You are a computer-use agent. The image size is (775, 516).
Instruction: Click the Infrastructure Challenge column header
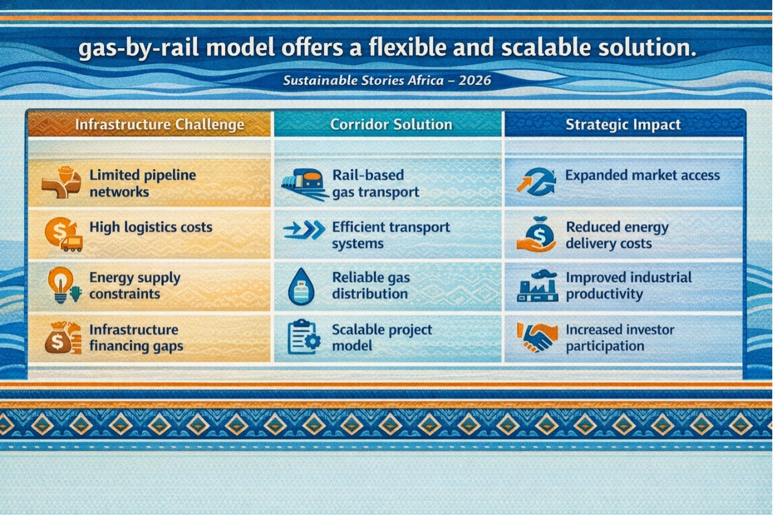[x=160, y=124]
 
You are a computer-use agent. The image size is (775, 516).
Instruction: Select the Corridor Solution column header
[x=391, y=124]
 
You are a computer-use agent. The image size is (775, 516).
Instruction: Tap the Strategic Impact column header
[x=623, y=124]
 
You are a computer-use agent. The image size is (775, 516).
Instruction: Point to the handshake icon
[x=538, y=337]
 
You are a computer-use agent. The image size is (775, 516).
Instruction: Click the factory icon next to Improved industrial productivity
[x=538, y=286]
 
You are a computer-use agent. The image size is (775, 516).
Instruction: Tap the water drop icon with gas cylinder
[x=301, y=287]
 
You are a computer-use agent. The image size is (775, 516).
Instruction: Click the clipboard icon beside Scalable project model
[x=304, y=337]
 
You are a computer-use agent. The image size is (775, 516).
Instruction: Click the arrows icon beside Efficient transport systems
[x=304, y=229]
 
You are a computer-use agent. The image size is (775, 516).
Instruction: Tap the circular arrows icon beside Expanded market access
[x=536, y=182]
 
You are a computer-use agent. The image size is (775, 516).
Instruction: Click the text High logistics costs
[x=151, y=227]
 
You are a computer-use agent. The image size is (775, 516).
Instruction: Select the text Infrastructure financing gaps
[x=136, y=337]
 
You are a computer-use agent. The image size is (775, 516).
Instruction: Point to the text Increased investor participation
[x=620, y=337]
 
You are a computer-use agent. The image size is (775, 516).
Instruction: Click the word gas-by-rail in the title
[x=138, y=49]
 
